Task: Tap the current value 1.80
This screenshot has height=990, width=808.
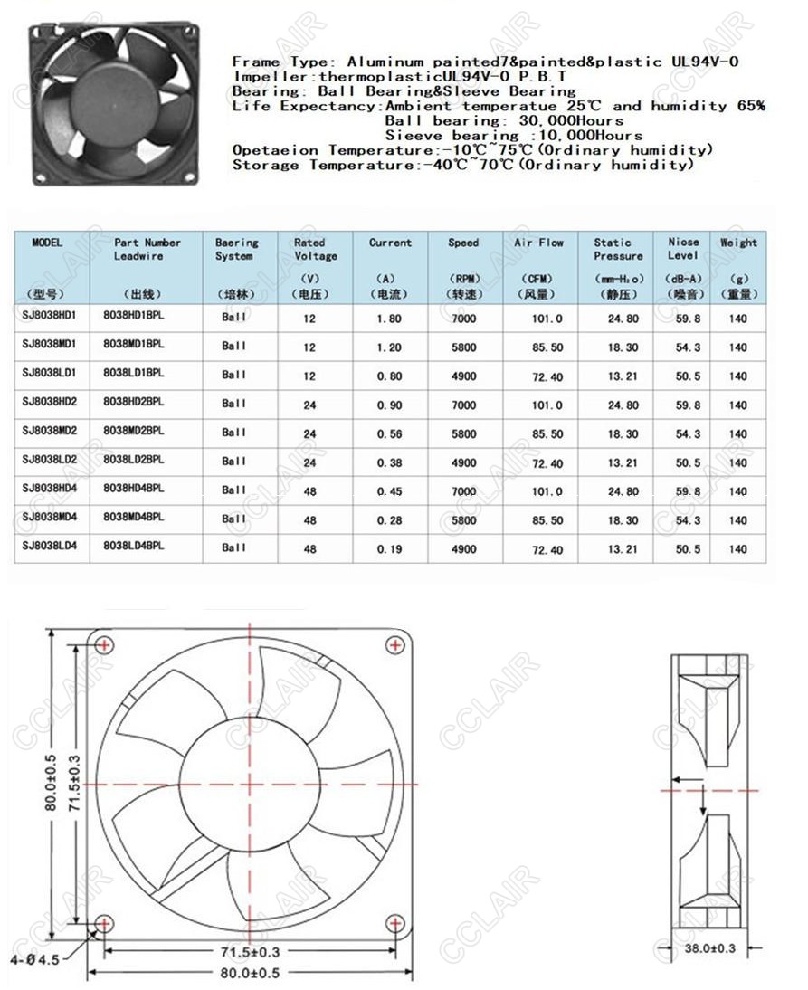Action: pyautogui.click(x=390, y=319)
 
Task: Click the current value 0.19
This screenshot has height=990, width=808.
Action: pyautogui.click(x=390, y=549)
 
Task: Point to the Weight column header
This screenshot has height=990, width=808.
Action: pyautogui.click(x=737, y=243)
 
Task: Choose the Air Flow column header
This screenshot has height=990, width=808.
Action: pyautogui.click(x=538, y=243)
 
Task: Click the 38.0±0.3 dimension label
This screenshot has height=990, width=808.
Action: pyautogui.click(x=710, y=947)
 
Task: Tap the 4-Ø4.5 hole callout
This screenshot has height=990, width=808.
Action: pyautogui.click(x=35, y=959)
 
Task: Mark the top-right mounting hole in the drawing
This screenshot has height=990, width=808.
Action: pyautogui.click(x=394, y=644)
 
